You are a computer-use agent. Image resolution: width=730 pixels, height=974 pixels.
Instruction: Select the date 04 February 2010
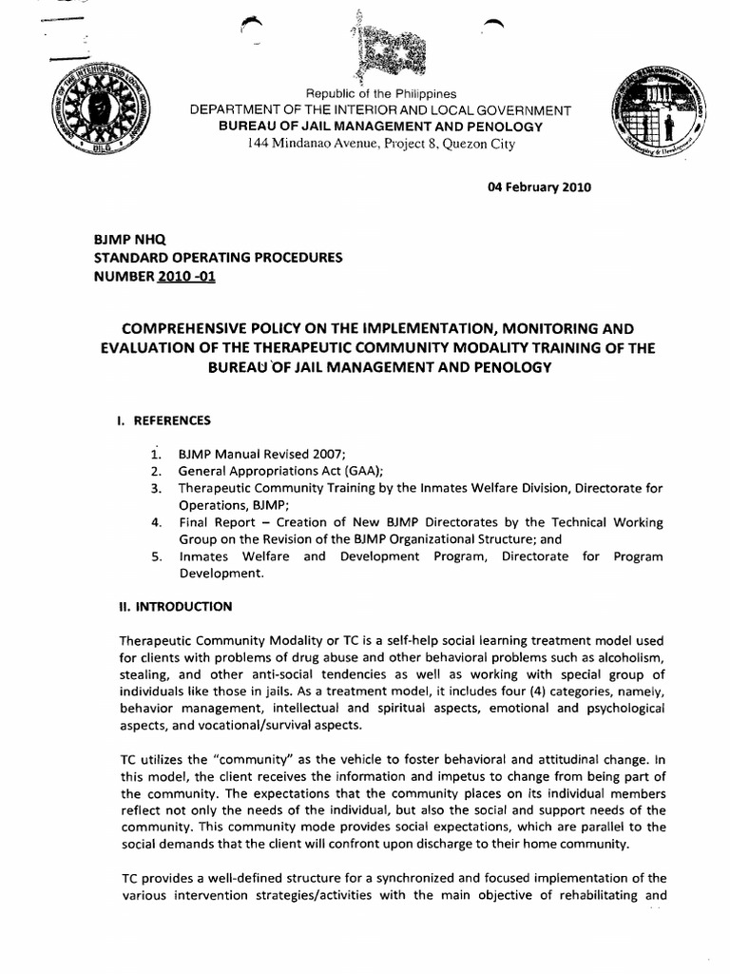click(539, 187)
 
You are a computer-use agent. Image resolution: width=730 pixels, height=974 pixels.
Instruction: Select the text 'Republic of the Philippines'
click(380, 94)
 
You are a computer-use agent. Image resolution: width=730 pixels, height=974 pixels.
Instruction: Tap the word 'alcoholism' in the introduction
click(630, 659)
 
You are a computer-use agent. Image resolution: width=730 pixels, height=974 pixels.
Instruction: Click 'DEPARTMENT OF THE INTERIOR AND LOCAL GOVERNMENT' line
click(380, 110)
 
